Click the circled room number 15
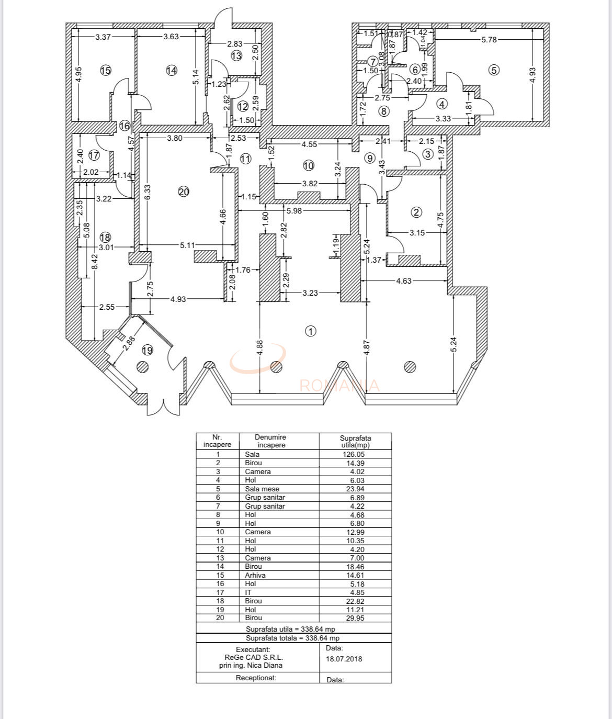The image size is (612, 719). [x=106, y=70]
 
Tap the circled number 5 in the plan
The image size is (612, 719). [x=494, y=70]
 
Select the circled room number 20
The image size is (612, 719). [x=183, y=192]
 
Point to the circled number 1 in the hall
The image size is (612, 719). [x=311, y=331]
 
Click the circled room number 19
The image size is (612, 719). [x=148, y=350]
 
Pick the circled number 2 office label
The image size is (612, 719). [x=416, y=212]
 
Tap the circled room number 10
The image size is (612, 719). [x=308, y=165]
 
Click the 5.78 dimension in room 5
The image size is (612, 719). [x=489, y=39]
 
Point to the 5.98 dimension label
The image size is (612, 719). [x=293, y=210]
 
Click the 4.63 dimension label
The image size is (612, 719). [x=404, y=281]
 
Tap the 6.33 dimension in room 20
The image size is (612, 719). [x=148, y=192]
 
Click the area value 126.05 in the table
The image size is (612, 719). [x=354, y=455]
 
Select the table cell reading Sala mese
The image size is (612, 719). [x=262, y=489]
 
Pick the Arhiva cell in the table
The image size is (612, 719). [x=255, y=575]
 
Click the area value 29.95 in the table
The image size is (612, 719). [x=354, y=618]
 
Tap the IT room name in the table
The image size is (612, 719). [x=248, y=592]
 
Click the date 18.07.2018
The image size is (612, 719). [x=344, y=659]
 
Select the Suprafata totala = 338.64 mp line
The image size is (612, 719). [x=293, y=638]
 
